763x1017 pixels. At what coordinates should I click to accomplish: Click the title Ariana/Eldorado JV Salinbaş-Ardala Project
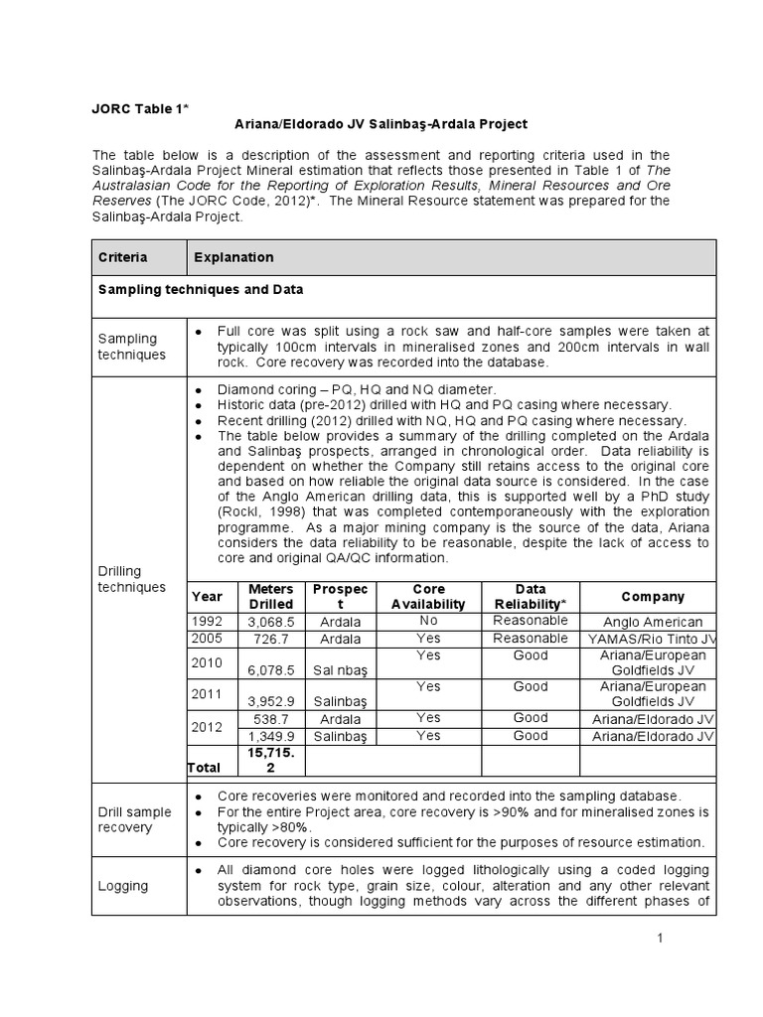tap(381, 124)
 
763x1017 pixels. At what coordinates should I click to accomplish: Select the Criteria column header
tap(122, 257)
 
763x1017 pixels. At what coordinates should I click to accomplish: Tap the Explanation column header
tap(233, 257)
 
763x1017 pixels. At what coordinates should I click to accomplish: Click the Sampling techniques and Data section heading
tap(199, 289)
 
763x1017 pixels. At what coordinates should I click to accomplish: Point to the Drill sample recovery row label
tap(134, 819)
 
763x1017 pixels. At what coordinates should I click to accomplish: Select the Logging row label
tap(122, 886)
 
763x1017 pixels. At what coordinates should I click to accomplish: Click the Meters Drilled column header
tap(270, 596)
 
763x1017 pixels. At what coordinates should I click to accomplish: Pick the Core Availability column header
tap(427, 596)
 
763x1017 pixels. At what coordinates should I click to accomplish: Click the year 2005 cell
tap(208, 638)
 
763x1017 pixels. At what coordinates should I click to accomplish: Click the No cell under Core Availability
tap(427, 620)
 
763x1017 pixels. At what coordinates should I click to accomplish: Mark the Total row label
tap(206, 768)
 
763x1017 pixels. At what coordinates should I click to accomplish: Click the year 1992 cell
tap(208, 622)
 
